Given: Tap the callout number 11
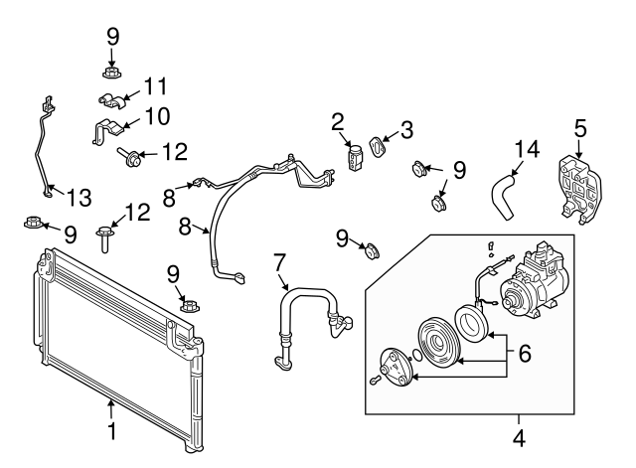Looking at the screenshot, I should point(155,85).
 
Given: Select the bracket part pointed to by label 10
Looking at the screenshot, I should point(110,129).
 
